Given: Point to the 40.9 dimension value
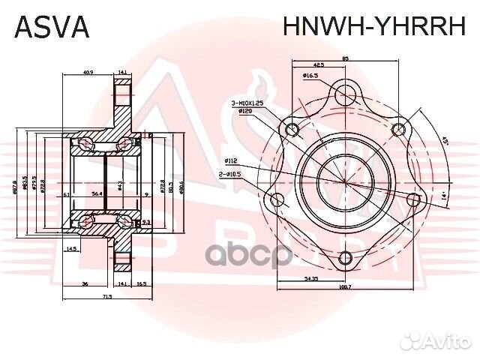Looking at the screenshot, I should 87,73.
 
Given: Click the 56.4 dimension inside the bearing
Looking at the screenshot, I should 97,193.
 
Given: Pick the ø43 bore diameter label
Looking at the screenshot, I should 120,184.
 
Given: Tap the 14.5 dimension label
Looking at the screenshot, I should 72,248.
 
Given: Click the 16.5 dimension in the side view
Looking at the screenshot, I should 142,284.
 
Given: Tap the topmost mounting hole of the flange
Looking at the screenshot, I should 345,94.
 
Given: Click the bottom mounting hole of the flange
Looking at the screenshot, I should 344,259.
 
